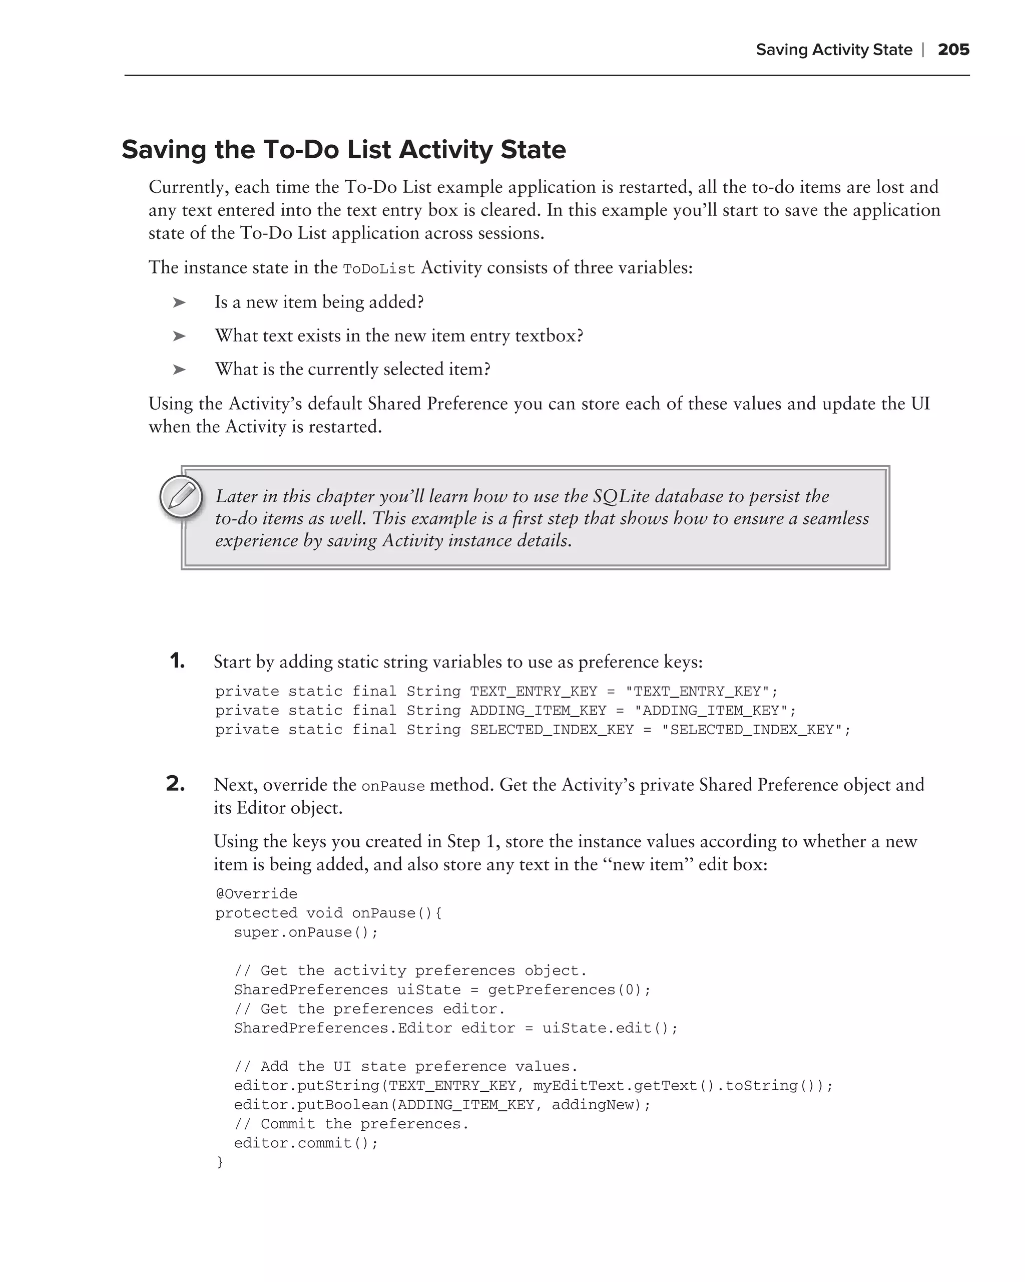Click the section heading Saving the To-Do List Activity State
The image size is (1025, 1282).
[343, 150]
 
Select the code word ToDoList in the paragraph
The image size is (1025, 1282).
[378, 269]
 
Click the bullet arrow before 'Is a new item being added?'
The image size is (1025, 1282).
[179, 302]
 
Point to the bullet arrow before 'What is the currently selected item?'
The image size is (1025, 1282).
[179, 370]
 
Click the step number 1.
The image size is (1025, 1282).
[177, 661]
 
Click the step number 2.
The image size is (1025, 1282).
[175, 784]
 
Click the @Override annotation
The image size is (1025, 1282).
[256, 894]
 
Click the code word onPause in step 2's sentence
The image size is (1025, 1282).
[393, 786]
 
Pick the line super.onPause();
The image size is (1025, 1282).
[305, 932]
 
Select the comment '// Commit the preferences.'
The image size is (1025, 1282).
[351, 1124]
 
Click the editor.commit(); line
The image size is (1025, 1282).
[305, 1143]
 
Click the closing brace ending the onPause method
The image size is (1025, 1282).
[220, 1162]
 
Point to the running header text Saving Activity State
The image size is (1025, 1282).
[833, 50]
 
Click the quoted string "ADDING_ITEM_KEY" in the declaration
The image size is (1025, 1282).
[711, 711]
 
